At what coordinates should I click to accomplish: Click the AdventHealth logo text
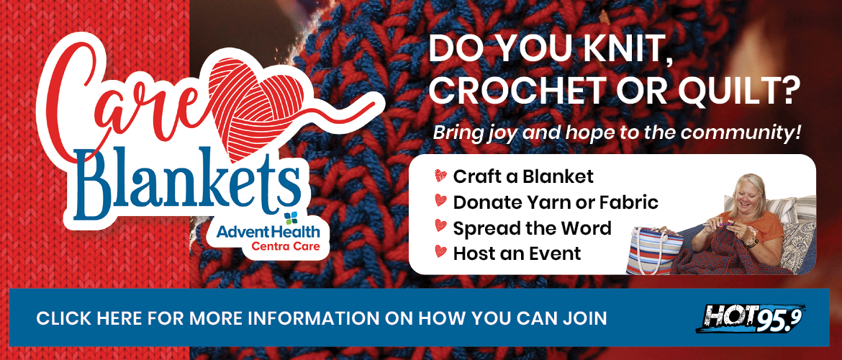click(268, 232)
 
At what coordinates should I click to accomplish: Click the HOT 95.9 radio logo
click(751, 318)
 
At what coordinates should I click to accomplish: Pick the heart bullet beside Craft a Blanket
click(441, 176)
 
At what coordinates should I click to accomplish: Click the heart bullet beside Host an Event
click(441, 251)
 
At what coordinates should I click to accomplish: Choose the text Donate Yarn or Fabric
click(556, 202)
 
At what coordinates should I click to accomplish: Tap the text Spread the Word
click(532, 228)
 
